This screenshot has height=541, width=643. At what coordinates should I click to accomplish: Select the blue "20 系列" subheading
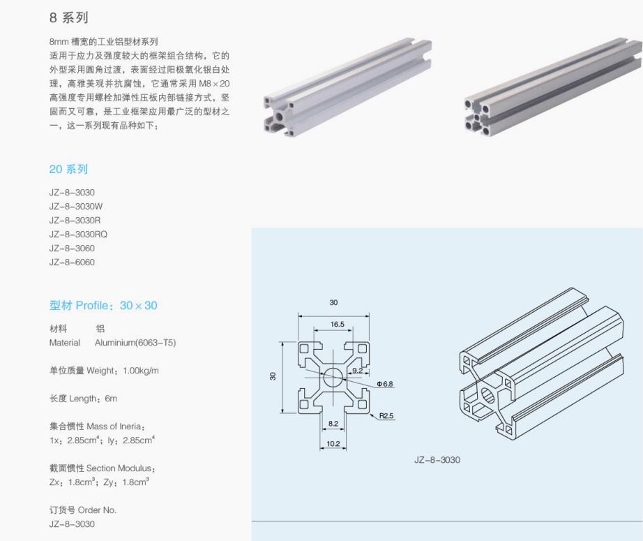pos(68,170)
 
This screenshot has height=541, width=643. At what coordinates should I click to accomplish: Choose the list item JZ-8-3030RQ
pos(78,235)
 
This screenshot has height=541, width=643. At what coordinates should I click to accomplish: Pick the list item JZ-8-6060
pos(72,262)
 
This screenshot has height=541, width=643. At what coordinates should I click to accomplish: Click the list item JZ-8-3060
pos(72,249)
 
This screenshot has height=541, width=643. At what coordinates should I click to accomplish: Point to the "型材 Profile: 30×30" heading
pos(103,306)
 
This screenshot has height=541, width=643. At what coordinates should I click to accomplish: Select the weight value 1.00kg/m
pos(140,371)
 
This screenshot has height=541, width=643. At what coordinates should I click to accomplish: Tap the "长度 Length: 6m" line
pos(83,399)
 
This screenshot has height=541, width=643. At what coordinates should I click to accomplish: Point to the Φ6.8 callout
pos(385,384)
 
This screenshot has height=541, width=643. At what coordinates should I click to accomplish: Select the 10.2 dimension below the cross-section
pos(333,444)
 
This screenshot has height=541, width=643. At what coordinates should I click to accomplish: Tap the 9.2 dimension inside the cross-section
pos(356,370)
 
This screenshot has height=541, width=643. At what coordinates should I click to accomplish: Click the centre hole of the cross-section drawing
pos(333,378)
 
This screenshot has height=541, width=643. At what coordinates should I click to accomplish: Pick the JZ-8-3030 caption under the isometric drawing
pos(437,460)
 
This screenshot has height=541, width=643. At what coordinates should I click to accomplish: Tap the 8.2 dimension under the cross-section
pos(333,424)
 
